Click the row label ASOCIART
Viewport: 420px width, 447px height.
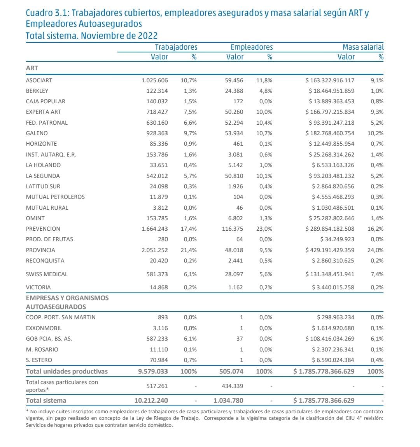[39, 80]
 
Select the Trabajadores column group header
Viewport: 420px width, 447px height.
[176, 47]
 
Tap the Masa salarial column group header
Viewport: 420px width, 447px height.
[362, 47]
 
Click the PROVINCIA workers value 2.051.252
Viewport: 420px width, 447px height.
[155, 250]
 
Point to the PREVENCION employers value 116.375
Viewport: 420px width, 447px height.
[233, 229]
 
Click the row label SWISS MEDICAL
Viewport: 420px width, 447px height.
[47, 274]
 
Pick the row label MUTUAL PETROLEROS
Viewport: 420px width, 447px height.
[55, 197]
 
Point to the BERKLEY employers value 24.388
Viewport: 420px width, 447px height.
[234, 91]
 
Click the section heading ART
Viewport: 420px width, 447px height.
[32, 68]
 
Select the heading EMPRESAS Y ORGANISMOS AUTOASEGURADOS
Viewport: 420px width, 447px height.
[67, 303]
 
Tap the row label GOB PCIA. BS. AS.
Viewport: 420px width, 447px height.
[49, 339]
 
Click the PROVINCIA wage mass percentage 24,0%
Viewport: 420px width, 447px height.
[375, 250]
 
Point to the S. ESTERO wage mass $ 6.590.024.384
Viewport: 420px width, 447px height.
[333, 360]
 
